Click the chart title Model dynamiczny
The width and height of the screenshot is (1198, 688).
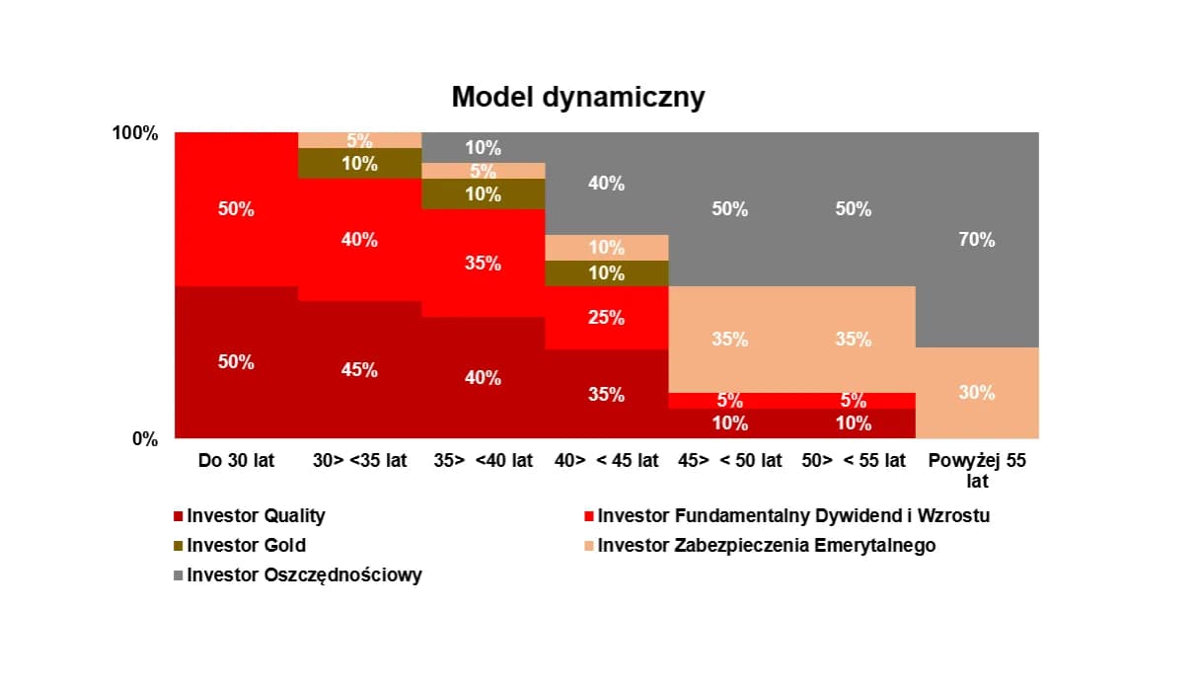pyautogui.click(x=578, y=98)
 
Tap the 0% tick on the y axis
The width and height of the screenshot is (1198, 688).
pyautogui.click(x=145, y=439)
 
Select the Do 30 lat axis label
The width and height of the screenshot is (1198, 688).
pyautogui.click(x=237, y=460)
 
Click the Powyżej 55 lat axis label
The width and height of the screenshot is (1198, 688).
pyautogui.click(x=977, y=470)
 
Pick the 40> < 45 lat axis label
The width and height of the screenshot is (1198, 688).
pyautogui.click(x=607, y=460)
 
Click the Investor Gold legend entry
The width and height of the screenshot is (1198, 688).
pyautogui.click(x=246, y=545)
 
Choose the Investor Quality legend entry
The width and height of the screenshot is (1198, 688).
pyautogui.click(x=256, y=515)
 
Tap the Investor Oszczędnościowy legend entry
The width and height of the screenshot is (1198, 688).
pyautogui.click(x=304, y=574)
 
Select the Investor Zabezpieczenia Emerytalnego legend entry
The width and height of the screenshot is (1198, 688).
pyautogui.click(x=766, y=545)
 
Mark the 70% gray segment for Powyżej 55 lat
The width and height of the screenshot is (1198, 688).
pyautogui.click(x=977, y=239)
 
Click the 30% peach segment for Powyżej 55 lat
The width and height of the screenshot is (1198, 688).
pyautogui.click(x=977, y=392)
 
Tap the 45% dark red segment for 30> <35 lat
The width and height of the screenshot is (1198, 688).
pyautogui.click(x=359, y=369)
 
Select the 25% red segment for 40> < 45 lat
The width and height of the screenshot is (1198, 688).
pyautogui.click(x=607, y=317)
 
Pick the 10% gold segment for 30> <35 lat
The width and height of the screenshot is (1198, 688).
pyautogui.click(x=359, y=163)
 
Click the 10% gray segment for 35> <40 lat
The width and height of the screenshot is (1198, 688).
pyautogui.click(x=484, y=147)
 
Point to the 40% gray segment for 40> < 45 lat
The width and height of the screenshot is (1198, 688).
pyautogui.click(x=607, y=183)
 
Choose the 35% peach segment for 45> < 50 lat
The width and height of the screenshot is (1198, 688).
pyautogui.click(x=730, y=339)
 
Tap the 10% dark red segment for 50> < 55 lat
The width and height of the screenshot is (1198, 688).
pyautogui.click(x=854, y=423)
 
